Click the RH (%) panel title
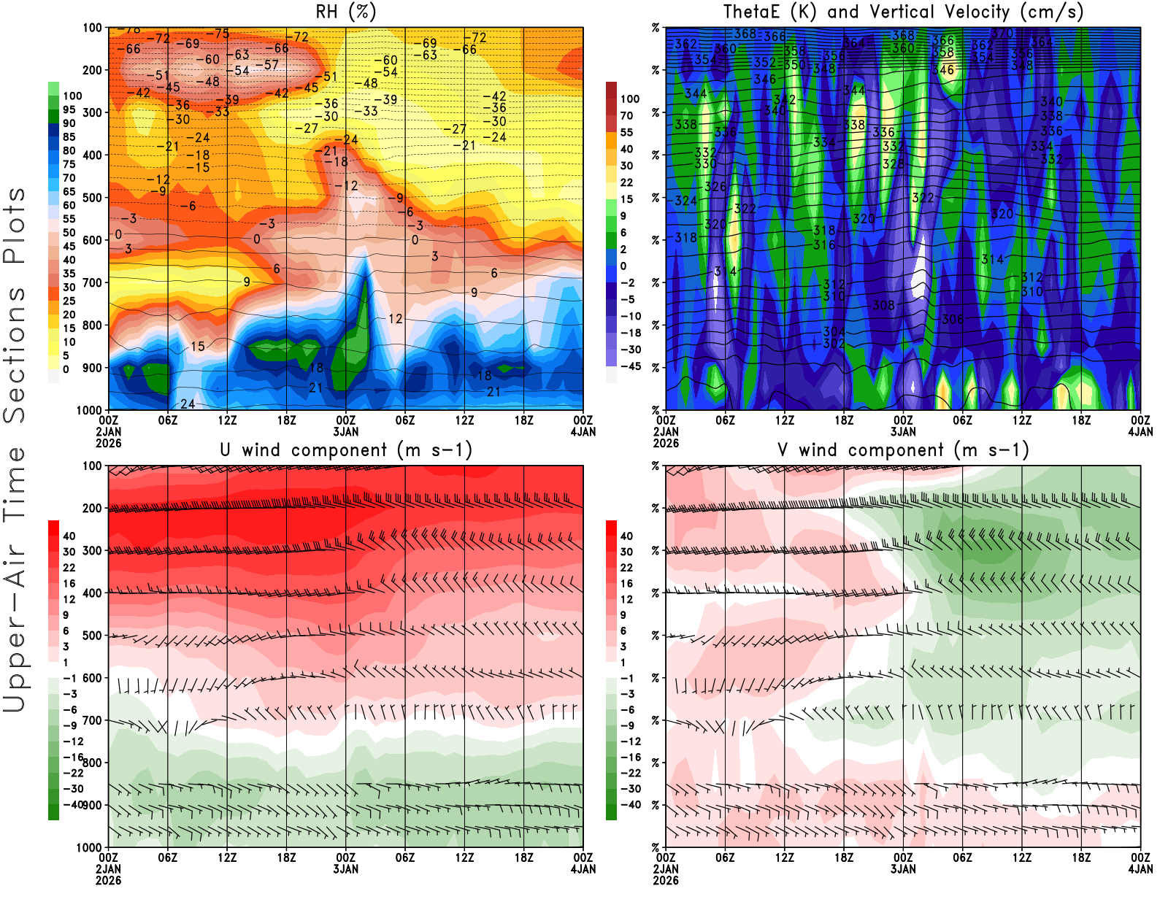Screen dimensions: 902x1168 pos(345,12)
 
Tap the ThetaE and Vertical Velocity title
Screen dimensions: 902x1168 pos(903,12)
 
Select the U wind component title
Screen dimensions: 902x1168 pos(345,450)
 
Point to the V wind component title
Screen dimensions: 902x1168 pos(903,450)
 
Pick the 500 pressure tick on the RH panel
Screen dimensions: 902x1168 pos(93,198)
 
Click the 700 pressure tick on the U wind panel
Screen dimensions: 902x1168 pos(93,720)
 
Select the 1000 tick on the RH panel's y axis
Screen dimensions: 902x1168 pos(90,410)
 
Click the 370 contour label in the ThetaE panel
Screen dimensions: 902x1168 pos(1002,33)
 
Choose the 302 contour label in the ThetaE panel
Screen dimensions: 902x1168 pos(834,343)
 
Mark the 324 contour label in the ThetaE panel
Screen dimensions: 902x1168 pos(685,200)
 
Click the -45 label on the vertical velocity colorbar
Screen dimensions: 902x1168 pos(630,366)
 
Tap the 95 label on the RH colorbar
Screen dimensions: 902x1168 pos(69,109)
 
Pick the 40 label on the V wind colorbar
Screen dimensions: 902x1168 pos(626,536)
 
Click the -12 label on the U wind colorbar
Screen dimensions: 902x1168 pos(73,741)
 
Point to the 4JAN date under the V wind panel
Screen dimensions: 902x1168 pos(1140,869)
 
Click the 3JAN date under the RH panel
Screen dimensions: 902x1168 pos(345,431)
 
